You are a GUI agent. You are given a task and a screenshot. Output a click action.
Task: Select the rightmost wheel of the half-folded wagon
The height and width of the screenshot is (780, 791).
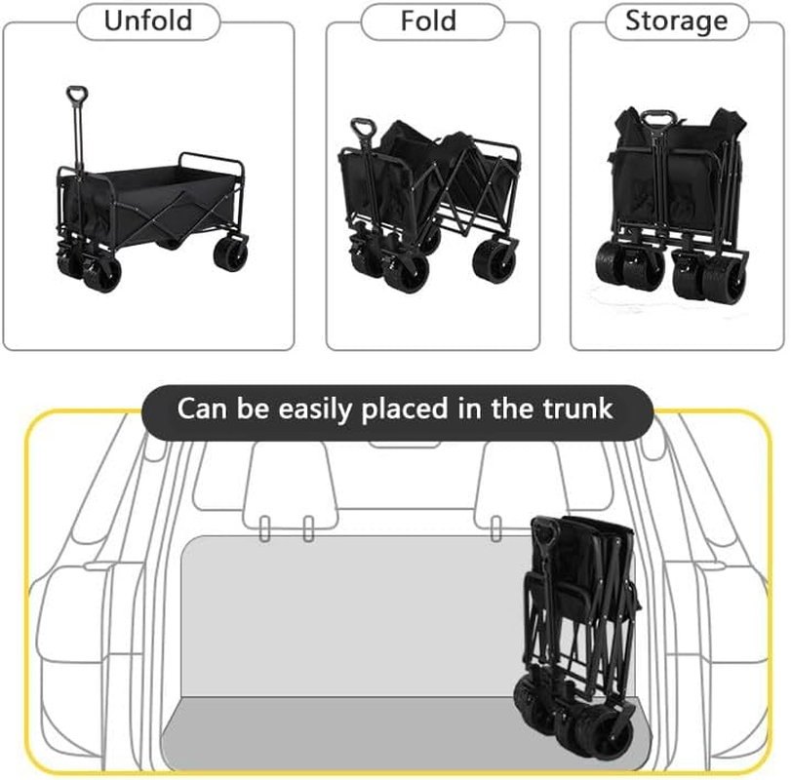click(495, 265)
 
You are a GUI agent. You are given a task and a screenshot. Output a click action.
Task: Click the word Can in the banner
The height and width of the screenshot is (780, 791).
click(201, 408)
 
